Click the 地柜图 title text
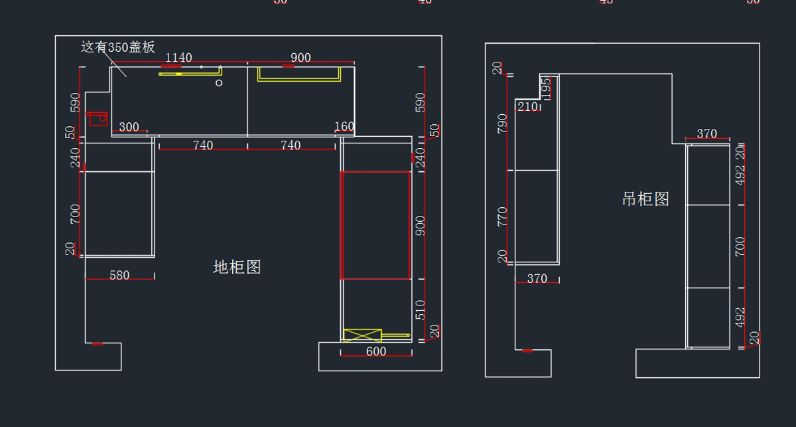point(237,267)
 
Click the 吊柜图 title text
point(645,199)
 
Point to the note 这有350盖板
point(118,47)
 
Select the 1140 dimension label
point(178,58)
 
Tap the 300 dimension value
point(129,127)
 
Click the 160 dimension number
point(344,126)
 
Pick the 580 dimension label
point(119,275)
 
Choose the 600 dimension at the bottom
point(375,351)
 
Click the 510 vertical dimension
point(421,310)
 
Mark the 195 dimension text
point(546,87)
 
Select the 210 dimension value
point(527,106)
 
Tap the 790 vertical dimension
point(502,124)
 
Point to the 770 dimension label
point(502,217)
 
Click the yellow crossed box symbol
point(362,335)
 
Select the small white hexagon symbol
point(219,83)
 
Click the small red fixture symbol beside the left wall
point(98,118)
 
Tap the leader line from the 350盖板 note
point(118,66)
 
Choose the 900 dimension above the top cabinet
point(300,58)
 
